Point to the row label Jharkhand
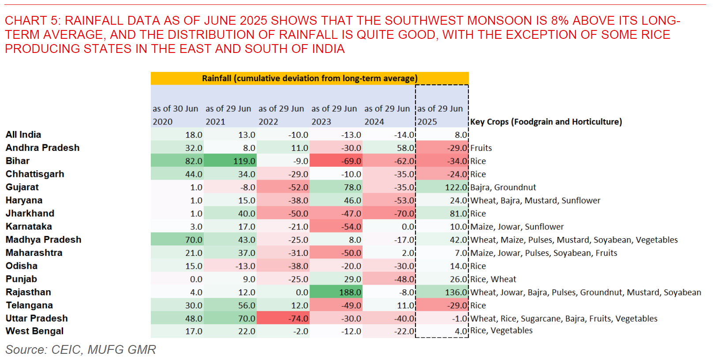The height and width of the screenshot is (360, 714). [x=30, y=214]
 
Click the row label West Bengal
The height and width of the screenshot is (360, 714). [x=34, y=331]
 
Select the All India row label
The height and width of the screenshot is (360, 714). [x=23, y=135]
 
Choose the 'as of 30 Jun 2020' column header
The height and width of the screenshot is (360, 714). [x=176, y=115]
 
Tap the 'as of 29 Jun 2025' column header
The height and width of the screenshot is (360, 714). [x=440, y=115]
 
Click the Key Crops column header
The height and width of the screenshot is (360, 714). [x=546, y=122]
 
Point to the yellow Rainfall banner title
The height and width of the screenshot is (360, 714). [x=310, y=79]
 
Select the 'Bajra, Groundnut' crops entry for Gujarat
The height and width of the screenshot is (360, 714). [x=503, y=187]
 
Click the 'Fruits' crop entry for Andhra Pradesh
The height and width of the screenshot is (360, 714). [x=481, y=148]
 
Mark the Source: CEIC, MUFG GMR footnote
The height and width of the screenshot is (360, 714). [x=81, y=350]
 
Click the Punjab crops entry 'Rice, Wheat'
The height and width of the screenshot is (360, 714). [x=493, y=279]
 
